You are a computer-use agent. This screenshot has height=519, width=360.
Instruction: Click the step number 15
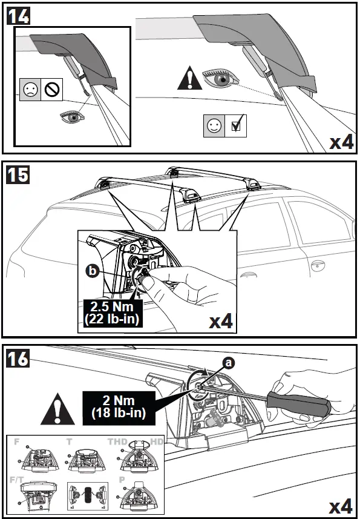coord(18,176)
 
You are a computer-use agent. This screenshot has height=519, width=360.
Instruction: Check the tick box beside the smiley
coord(237,127)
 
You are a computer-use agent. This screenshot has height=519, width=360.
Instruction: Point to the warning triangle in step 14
coord(189,80)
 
